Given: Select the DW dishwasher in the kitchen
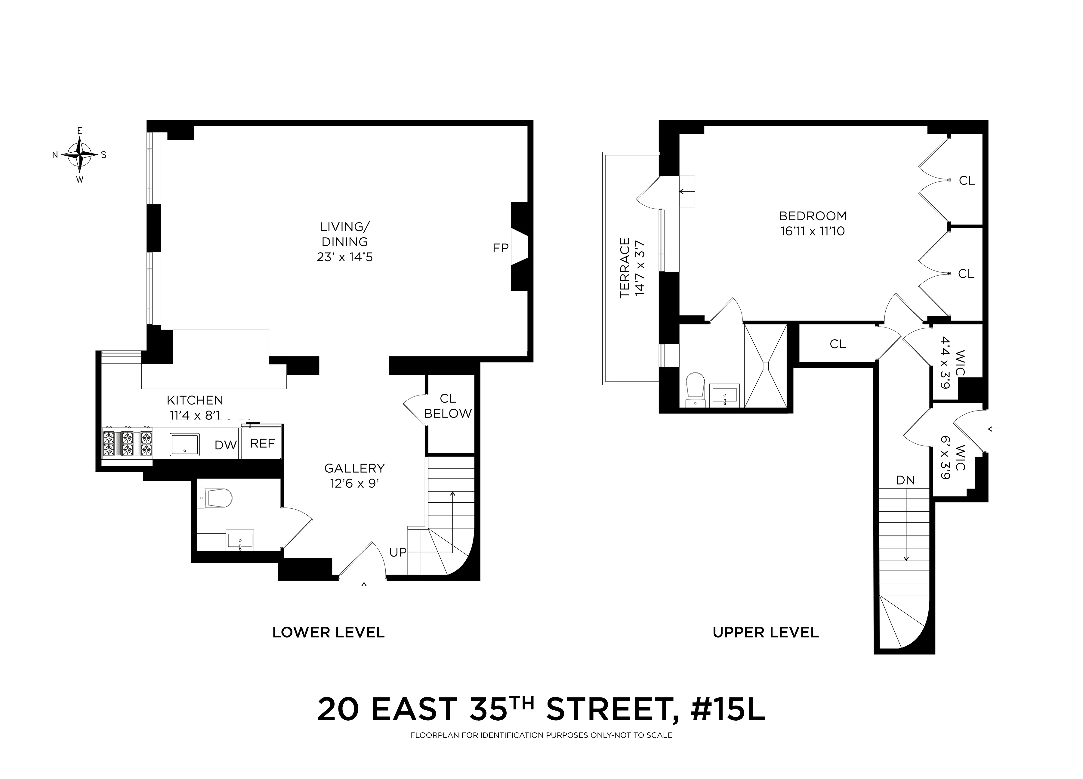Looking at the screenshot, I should pyautogui.click(x=225, y=445).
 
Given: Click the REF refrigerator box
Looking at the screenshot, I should pyautogui.click(x=262, y=443).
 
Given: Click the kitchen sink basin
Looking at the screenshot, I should pyautogui.click(x=185, y=444).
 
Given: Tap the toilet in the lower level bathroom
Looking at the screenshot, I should pyautogui.click(x=216, y=498).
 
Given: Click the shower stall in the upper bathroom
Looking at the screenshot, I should pyautogui.click(x=765, y=366).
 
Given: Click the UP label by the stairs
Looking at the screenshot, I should pyautogui.click(x=398, y=552).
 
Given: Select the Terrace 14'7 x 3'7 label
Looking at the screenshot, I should pyautogui.click(x=632, y=268).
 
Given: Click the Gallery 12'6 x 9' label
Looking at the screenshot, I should pyautogui.click(x=354, y=476).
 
